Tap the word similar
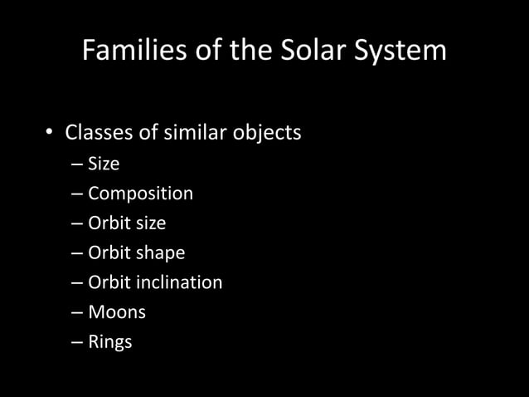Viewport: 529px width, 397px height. [x=197, y=133]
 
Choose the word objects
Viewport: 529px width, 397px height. [x=268, y=133]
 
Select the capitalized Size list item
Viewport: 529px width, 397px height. [x=104, y=164]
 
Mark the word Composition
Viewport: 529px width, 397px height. [x=140, y=194]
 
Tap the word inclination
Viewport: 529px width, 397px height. [x=181, y=282]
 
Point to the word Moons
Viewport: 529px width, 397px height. [x=117, y=312]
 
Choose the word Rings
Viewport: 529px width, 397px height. [x=110, y=341]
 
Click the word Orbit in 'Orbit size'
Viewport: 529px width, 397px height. [x=108, y=223]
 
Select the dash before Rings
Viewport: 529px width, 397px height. [x=77, y=342]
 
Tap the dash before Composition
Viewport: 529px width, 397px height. [x=77, y=194]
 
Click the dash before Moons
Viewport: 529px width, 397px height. [x=77, y=313]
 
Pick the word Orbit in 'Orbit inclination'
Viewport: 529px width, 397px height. [x=108, y=282]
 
